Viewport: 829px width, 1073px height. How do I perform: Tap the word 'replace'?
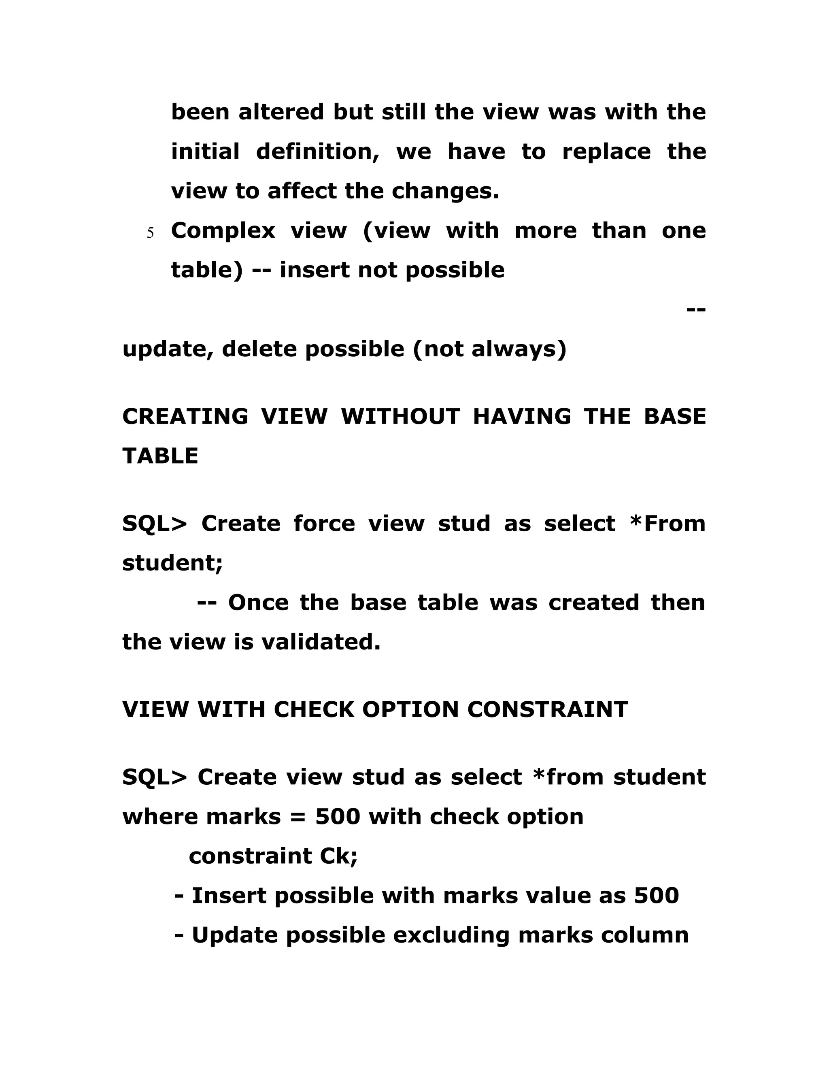606,151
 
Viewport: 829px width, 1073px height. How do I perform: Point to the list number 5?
150,233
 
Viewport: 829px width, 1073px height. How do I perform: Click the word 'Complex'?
223,231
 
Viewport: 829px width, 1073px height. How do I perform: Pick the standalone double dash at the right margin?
695,309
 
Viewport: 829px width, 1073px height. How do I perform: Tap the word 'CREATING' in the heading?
185,417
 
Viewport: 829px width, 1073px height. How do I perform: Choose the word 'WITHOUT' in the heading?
400,417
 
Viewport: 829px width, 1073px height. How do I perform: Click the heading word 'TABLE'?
160,456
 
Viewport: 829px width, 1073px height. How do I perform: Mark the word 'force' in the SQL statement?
324,524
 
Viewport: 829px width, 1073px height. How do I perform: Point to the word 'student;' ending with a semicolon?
172,563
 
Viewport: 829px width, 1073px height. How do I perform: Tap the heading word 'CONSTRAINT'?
547,709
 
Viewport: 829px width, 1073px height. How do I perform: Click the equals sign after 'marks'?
298,817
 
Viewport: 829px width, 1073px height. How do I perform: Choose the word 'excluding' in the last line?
451,935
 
